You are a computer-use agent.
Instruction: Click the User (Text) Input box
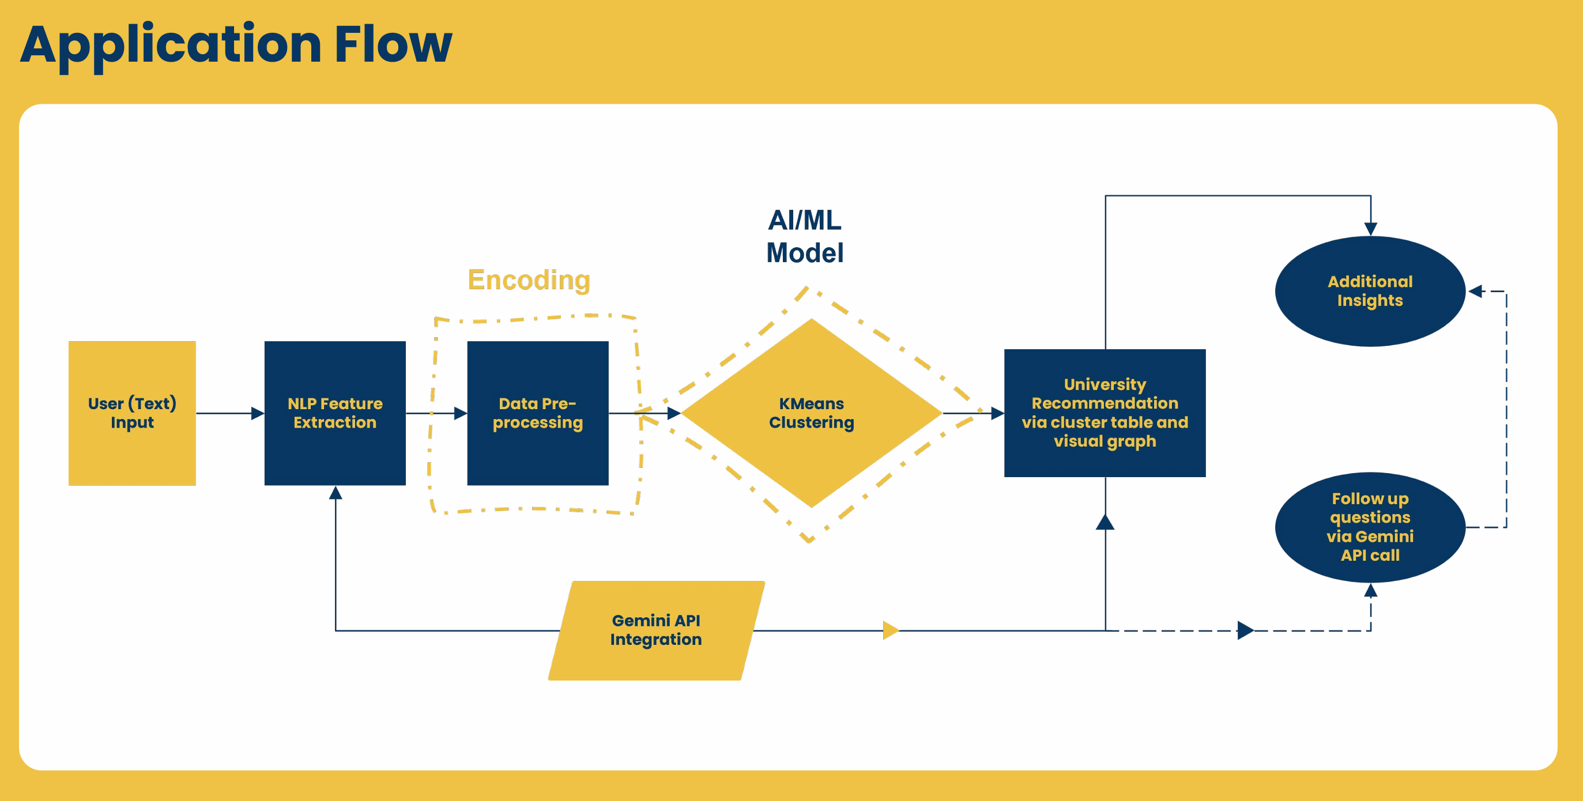coord(132,413)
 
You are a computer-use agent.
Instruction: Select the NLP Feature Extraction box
coord(335,413)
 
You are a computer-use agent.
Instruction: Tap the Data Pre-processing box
coord(538,413)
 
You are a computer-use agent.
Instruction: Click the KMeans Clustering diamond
coord(811,413)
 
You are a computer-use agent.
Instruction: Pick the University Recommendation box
coord(1105,413)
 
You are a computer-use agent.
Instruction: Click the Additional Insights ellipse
coord(1370,290)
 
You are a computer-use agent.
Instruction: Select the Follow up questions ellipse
coord(1370,527)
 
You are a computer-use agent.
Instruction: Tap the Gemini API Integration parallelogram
coord(656,630)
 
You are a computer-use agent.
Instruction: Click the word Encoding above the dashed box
coord(529,280)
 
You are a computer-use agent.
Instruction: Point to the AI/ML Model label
coord(804,236)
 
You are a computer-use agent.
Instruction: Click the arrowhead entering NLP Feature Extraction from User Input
coord(258,413)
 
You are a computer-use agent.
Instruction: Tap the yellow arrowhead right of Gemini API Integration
coord(891,630)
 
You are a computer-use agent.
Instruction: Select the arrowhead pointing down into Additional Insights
coord(1370,229)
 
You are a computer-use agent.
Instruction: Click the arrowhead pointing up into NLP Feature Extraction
coord(336,493)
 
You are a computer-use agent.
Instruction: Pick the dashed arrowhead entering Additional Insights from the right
coord(1475,291)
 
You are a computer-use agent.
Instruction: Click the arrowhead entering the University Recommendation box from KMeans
coord(997,413)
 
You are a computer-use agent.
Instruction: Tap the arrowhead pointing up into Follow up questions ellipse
coord(1370,591)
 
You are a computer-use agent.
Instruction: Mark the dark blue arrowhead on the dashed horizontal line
coord(1245,630)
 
